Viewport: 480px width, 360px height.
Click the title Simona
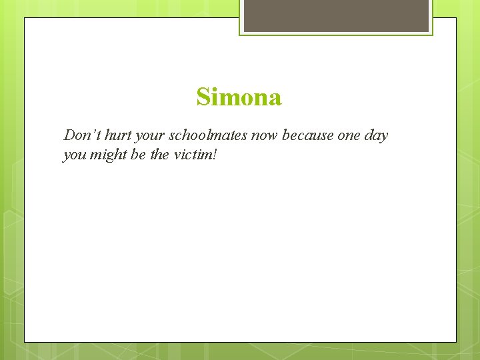[x=239, y=97]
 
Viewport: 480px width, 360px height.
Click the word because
[x=307, y=135]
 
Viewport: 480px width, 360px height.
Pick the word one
[x=349, y=135]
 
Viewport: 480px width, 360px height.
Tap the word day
[x=377, y=136]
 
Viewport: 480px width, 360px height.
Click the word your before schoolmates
[x=149, y=136]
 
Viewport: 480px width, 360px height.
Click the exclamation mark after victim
[x=216, y=155]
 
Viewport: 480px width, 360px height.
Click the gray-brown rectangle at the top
[x=336, y=15]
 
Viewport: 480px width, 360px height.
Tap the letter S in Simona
[x=203, y=97]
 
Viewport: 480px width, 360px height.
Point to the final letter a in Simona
[x=275, y=99]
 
